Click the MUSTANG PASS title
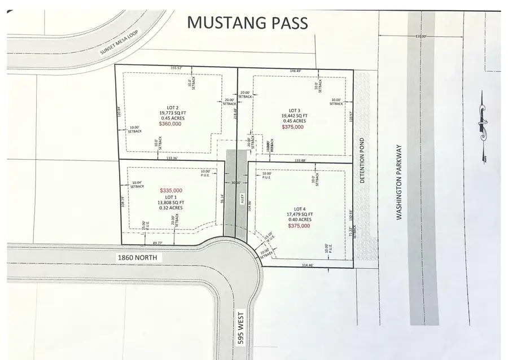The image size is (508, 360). pos(247,23)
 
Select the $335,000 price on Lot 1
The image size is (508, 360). pos(171,191)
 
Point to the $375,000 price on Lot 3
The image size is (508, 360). pos(292,127)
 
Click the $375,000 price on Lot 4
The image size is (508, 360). pos(298,226)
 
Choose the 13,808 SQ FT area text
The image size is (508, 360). pos(171,202)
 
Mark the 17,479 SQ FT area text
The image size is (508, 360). pos(298,214)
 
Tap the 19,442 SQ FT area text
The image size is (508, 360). pos(293,116)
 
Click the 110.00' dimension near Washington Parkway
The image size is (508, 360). pos(421,37)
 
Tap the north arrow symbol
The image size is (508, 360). pos(483,123)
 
